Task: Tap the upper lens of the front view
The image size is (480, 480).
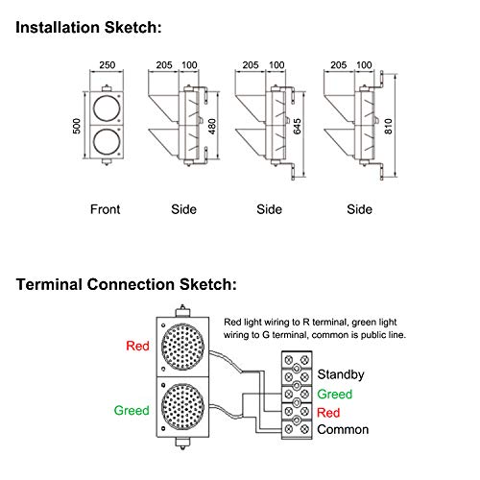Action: tap(106, 107)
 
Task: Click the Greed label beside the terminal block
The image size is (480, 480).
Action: tap(333, 394)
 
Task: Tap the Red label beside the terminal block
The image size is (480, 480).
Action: tap(328, 411)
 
